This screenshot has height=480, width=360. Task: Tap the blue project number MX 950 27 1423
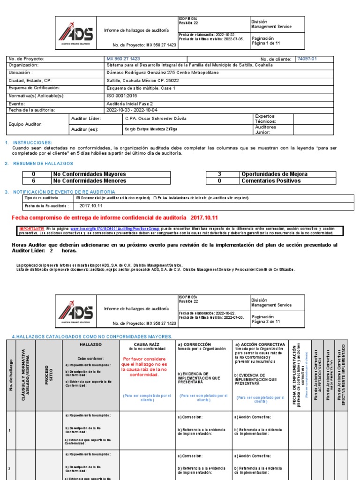[x=123, y=59]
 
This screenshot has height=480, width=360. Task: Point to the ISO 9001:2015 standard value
[x=124, y=96]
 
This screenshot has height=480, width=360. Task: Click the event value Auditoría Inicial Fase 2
[x=130, y=103]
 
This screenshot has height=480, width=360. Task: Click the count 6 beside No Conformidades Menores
[x=34, y=181]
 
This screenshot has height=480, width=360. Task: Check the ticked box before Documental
[x=78, y=198]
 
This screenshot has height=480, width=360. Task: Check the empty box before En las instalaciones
[x=155, y=198]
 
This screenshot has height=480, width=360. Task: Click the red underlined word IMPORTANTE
[x=31, y=228]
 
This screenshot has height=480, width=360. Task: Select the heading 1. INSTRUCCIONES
[x=31, y=142]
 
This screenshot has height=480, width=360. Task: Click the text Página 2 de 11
[x=265, y=322]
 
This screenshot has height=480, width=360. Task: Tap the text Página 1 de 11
[x=265, y=43]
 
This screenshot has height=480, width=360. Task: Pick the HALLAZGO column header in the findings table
[x=91, y=345]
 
